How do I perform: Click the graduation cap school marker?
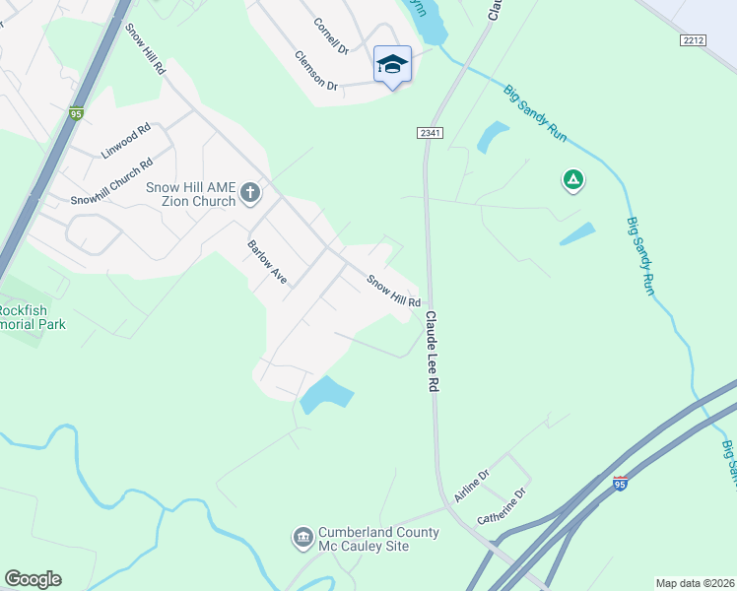pyautogui.click(x=392, y=65)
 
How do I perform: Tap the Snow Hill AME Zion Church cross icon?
pyautogui.click(x=250, y=192)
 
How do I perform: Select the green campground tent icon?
pyautogui.click(x=572, y=180)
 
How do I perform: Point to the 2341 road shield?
pyautogui.click(x=429, y=133)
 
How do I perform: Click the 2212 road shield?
pyautogui.click(x=695, y=40)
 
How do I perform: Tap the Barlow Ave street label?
pyautogui.click(x=267, y=263)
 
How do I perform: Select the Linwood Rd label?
pyautogui.click(x=125, y=141)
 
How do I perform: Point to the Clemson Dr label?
pyautogui.click(x=315, y=71)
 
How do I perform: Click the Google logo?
pyautogui.click(x=33, y=579)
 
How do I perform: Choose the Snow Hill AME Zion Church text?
pyautogui.click(x=190, y=194)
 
